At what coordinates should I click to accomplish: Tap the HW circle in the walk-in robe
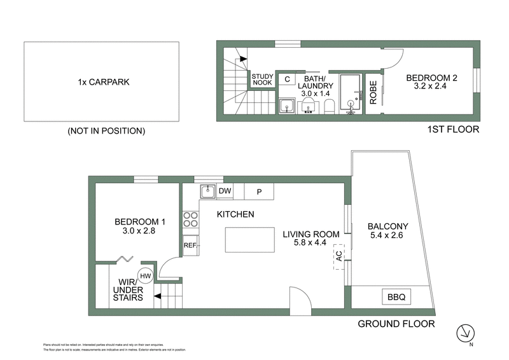(146, 275)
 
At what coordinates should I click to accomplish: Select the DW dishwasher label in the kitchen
(225, 191)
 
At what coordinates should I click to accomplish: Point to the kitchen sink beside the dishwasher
(207, 191)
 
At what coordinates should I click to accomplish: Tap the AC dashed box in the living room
(338, 256)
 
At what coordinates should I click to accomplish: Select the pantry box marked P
(259, 191)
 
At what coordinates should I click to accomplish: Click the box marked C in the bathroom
(287, 80)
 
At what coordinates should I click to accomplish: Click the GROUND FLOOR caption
(396, 324)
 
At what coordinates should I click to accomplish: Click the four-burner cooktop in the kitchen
(190, 219)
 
